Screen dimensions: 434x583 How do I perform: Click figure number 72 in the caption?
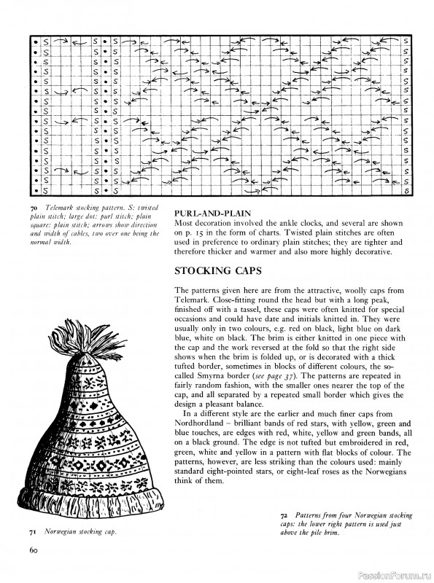tap(283, 515)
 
